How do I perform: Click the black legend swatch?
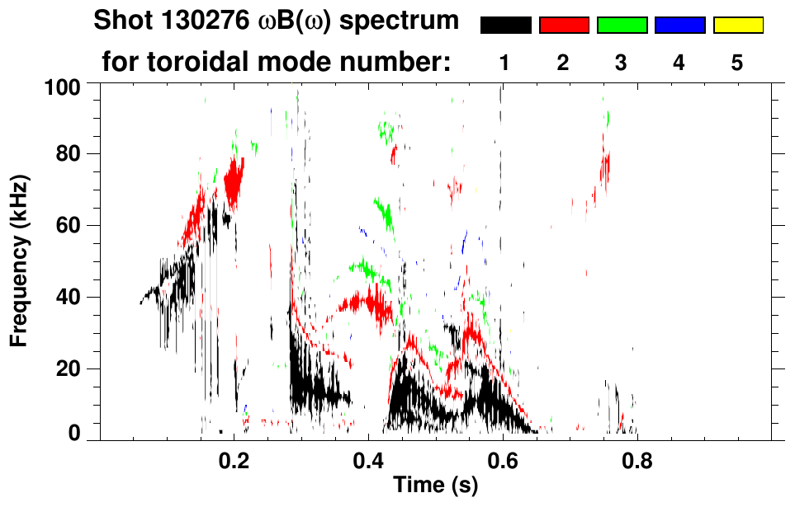(x=506, y=26)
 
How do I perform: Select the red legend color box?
(x=564, y=26)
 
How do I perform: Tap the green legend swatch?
(x=622, y=26)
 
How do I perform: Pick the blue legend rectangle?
(x=679, y=26)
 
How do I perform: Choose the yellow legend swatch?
(x=737, y=26)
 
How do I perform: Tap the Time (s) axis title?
(x=435, y=486)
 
